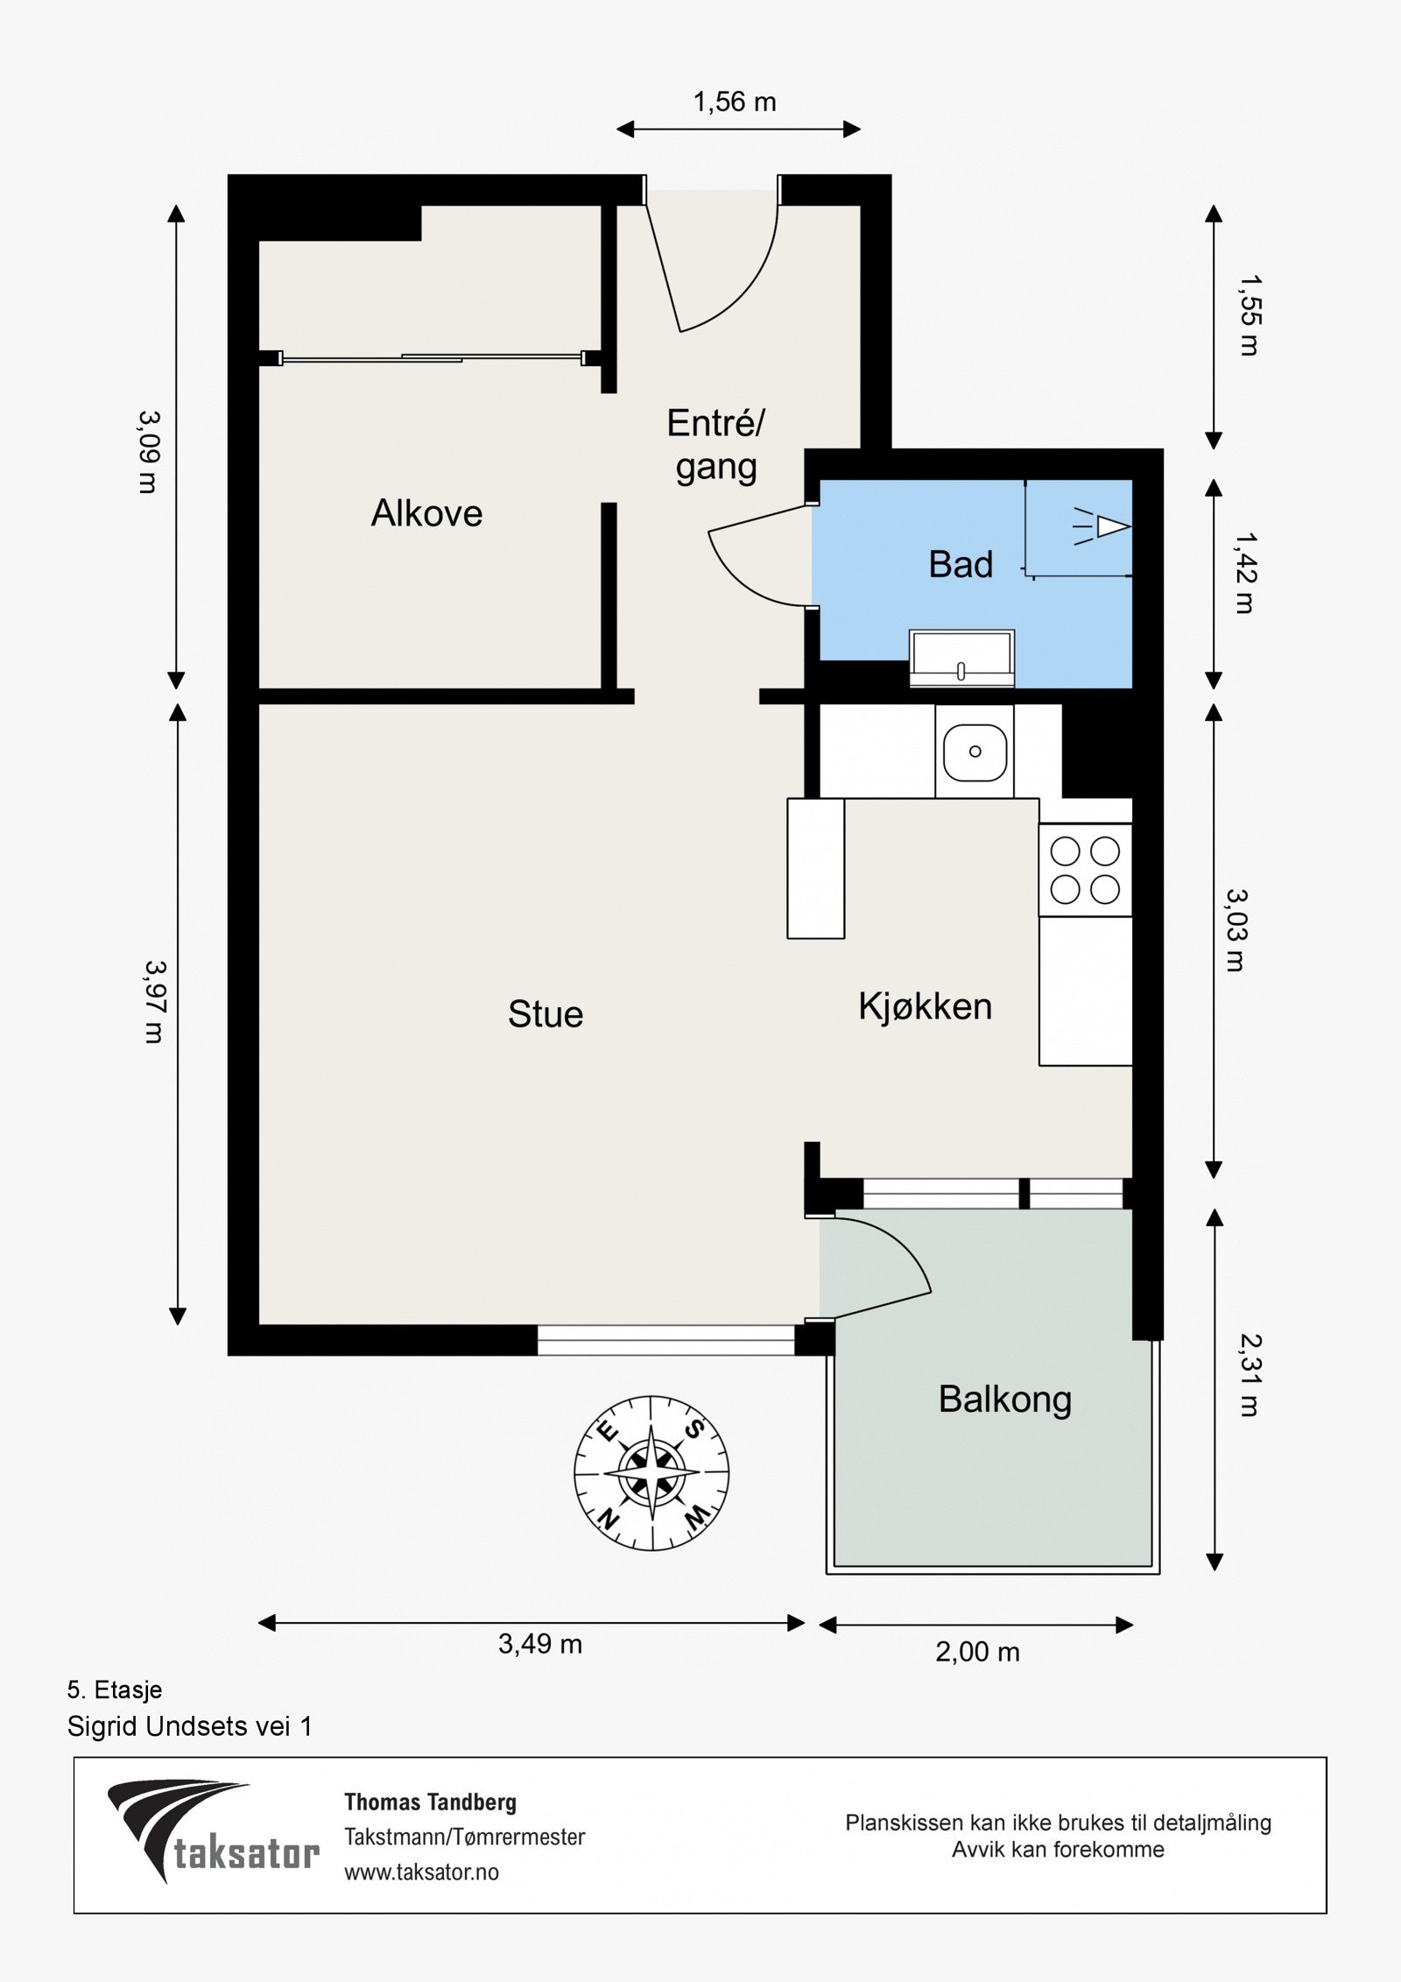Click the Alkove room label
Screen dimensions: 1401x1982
coord(426,513)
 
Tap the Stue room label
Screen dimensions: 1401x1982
coord(546,1014)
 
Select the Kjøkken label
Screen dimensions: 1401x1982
coord(926,1007)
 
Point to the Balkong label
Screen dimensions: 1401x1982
coord(1005,1400)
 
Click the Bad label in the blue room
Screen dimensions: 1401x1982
coord(961,565)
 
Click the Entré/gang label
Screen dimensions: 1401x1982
coord(716,445)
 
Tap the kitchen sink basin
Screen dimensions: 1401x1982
coord(975,751)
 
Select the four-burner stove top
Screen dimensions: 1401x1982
coord(1085,870)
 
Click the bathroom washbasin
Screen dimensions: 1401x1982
coord(961,657)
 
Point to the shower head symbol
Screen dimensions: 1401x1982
coord(1103,527)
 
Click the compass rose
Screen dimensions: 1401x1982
coord(651,1473)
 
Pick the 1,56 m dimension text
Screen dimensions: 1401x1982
coord(735,102)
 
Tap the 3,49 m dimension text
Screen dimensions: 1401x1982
coord(540,1644)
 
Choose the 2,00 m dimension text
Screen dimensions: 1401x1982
coord(977,1652)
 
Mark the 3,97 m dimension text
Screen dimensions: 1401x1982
coord(154,1002)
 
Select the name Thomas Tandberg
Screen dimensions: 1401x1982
coord(431,1802)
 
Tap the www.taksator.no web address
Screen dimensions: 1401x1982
coord(422,1872)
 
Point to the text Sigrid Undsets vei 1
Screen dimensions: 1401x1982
coord(190,1726)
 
